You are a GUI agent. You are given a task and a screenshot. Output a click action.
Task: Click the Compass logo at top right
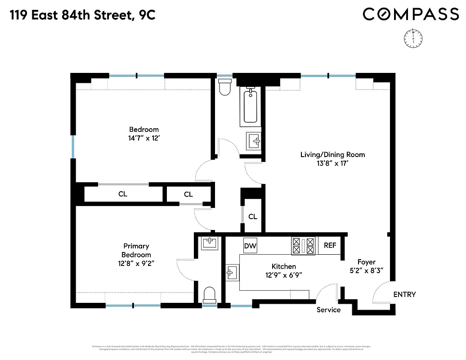click(411, 14)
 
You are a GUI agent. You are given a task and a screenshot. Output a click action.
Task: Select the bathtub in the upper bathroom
click(251, 106)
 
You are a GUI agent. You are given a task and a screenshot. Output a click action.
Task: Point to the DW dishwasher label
click(250, 246)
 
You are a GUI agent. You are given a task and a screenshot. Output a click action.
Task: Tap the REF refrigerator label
click(330, 245)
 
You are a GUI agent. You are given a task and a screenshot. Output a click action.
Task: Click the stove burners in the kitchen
click(304, 246)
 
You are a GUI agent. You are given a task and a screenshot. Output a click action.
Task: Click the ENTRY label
click(404, 295)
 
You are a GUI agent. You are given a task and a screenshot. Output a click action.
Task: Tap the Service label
click(328, 310)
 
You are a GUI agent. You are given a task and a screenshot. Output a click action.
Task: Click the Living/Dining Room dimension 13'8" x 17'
click(332, 163)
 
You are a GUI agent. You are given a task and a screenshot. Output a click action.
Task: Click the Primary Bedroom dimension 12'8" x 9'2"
click(136, 263)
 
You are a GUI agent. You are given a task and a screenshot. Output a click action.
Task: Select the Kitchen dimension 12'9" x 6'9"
click(283, 275)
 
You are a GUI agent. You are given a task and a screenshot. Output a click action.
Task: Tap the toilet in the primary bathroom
click(210, 295)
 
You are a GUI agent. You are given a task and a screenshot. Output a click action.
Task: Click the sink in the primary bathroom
click(209, 243)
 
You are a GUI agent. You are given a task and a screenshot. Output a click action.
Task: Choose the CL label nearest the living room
click(253, 216)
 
